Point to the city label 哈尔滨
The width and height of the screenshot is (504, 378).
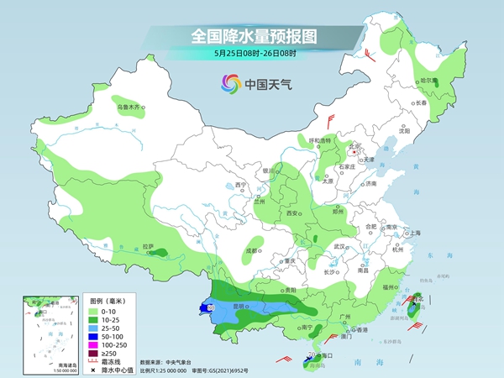coord(428,81)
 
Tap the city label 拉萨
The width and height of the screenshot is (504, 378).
coord(149,247)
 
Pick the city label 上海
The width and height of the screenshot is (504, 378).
coord(412,233)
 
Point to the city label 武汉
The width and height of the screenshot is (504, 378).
coord(340,247)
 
